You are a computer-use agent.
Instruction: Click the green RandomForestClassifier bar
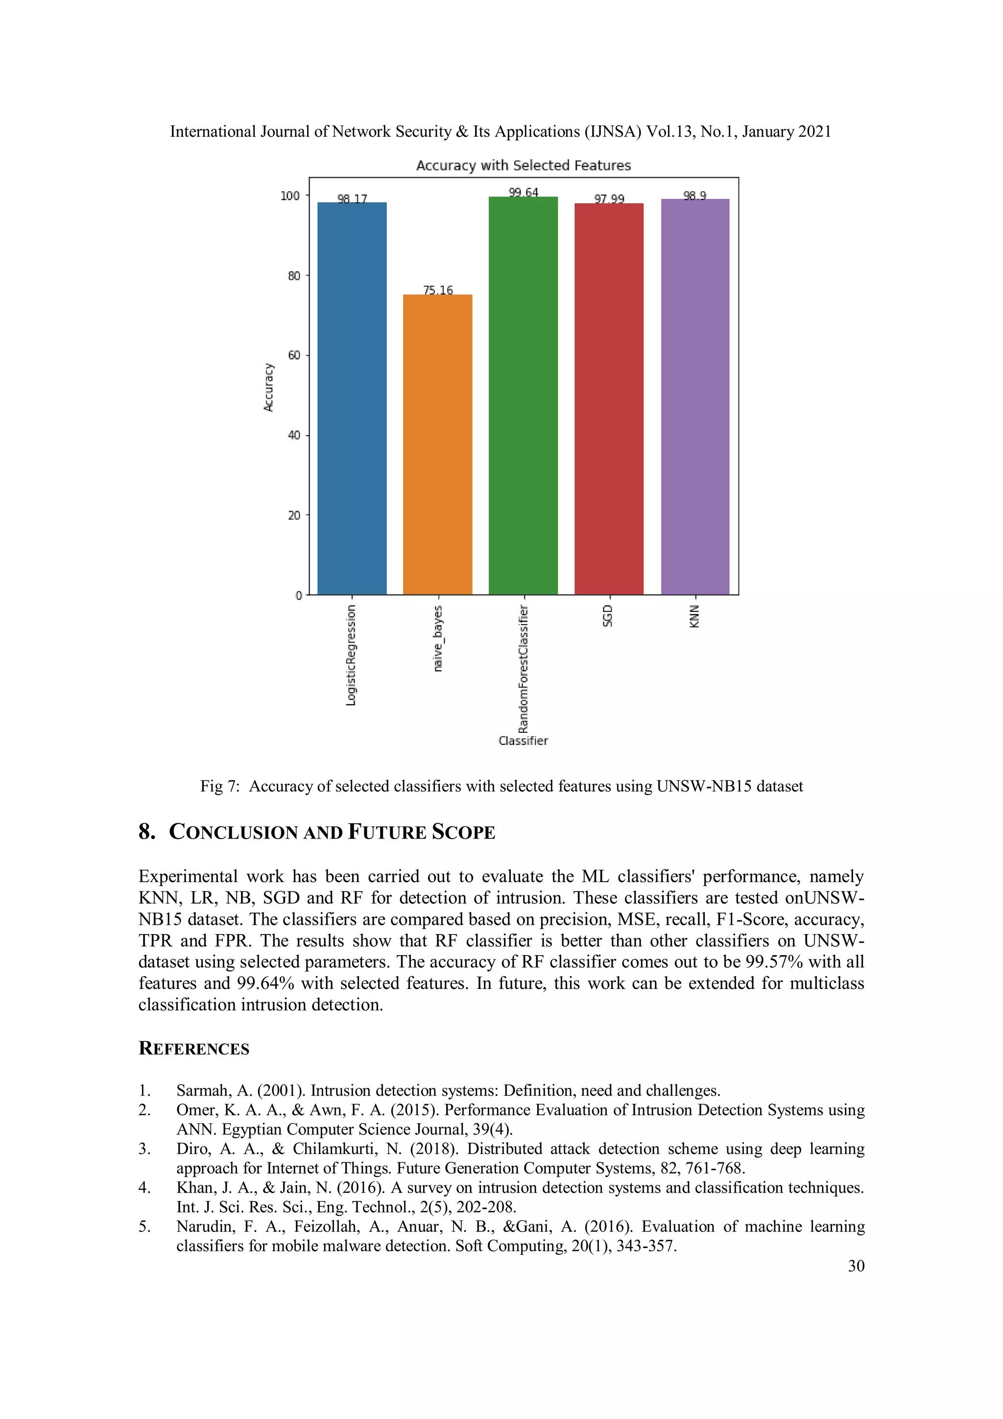[523, 396]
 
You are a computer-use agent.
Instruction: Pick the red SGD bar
[609, 399]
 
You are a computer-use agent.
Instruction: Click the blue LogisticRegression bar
[352, 399]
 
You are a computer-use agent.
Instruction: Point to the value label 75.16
[437, 290]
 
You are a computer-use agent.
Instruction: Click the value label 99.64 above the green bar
[523, 192]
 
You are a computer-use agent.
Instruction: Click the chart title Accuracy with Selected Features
[523, 165]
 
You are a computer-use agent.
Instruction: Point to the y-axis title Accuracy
[268, 387]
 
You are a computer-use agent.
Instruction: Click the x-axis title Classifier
[523, 741]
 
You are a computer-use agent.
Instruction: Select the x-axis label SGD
[607, 616]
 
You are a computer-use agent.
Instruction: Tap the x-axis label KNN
[694, 616]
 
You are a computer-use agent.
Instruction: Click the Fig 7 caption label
[219, 786]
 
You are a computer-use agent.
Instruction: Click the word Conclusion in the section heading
[234, 832]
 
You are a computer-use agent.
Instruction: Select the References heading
[193, 1048]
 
